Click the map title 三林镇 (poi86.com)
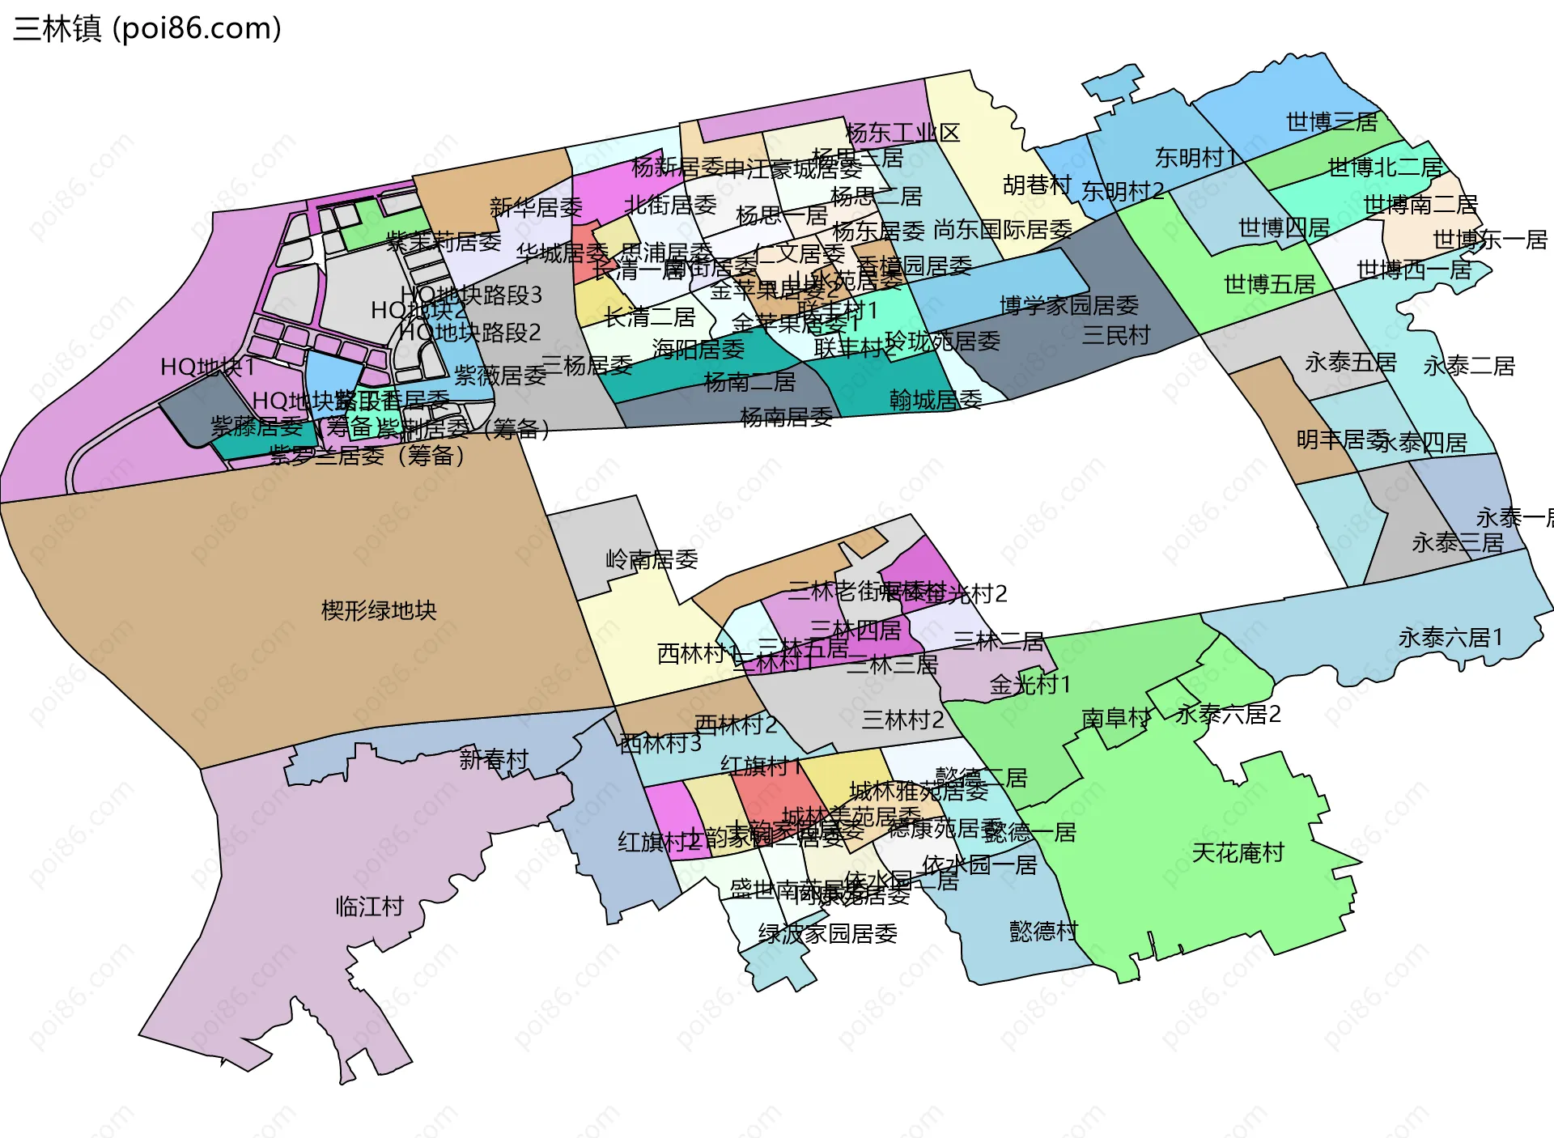tap(147, 28)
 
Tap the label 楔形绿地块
tap(379, 610)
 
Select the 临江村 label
tap(370, 906)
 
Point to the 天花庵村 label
tap(1238, 852)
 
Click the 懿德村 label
tap(1043, 931)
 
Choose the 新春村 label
tap(494, 759)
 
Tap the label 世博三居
tap(1331, 122)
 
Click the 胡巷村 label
tap(1037, 185)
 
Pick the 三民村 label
tap(1116, 334)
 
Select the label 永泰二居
tap(1469, 366)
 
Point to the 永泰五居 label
tap(1350, 363)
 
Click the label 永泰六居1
tap(1450, 638)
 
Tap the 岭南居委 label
tap(652, 559)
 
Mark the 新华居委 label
tap(536, 207)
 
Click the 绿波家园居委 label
tap(827, 934)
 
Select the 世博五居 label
tap(1269, 284)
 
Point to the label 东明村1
tap(1195, 158)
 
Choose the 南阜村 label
tap(1115, 718)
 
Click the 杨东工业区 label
tap(902, 133)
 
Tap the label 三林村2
tap(902, 720)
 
